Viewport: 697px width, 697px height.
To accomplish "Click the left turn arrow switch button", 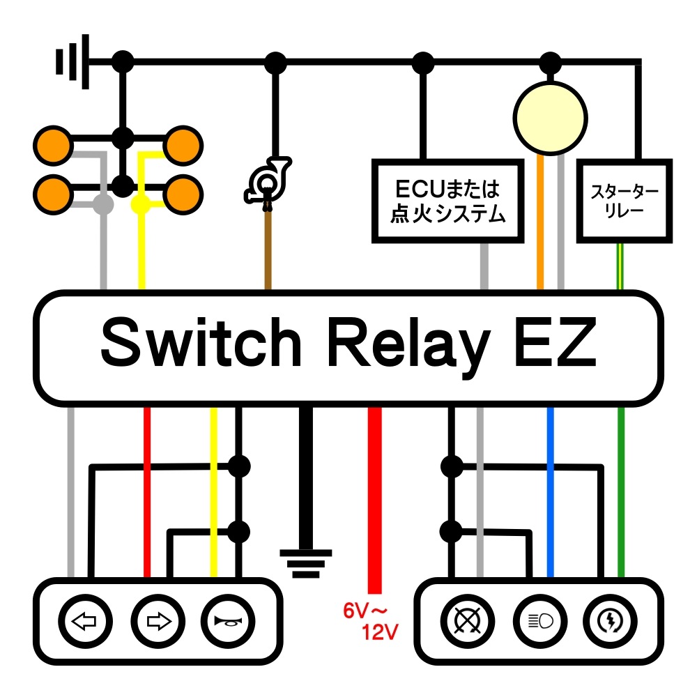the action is tap(85, 621).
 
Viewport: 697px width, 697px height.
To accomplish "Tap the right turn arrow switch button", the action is tap(158, 621).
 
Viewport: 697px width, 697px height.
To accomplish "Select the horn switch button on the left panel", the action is tap(228, 621).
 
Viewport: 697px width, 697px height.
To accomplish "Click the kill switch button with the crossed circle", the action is tap(467, 621).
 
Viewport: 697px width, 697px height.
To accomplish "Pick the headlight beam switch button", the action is tap(540, 621).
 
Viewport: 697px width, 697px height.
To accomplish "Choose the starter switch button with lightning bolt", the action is tap(610, 621).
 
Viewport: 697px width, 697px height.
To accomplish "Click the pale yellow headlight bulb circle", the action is tap(551, 118).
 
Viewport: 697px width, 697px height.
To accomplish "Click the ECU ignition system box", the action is tap(447, 201).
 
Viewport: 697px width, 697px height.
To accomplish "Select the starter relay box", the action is tap(624, 201).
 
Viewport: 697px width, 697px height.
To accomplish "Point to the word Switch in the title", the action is tap(201, 342).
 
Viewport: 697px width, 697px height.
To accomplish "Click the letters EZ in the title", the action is tap(556, 342).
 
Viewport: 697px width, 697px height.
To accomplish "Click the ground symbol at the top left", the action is tap(72, 61).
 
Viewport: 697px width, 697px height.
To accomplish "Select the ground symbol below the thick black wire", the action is tap(306, 564).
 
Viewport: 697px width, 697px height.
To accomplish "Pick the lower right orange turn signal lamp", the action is tap(183, 194).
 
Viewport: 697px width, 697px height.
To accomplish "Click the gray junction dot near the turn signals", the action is tap(103, 205).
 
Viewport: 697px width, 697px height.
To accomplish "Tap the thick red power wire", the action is tap(375, 500).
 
